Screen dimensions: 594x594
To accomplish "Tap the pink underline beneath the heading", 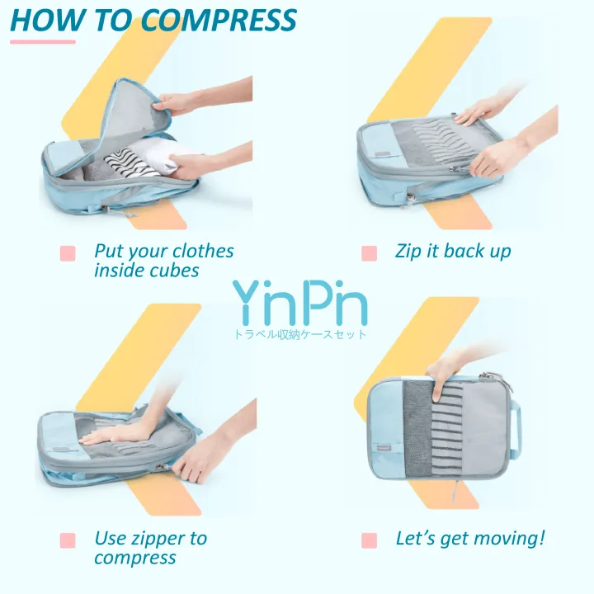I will [x=43, y=41].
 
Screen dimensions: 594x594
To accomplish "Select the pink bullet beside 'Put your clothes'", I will [x=68, y=253].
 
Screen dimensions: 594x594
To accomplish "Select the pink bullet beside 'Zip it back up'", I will [x=369, y=253].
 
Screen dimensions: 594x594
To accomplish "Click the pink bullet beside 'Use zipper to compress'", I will [x=68, y=540].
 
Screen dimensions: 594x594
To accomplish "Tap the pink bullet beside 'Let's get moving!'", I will [x=369, y=540].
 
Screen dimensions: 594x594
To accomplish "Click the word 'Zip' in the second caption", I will [x=408, y=251].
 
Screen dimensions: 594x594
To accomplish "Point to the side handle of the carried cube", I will [x=517, y=427].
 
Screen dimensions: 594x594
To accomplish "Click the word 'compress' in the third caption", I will [x=134, y=559].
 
